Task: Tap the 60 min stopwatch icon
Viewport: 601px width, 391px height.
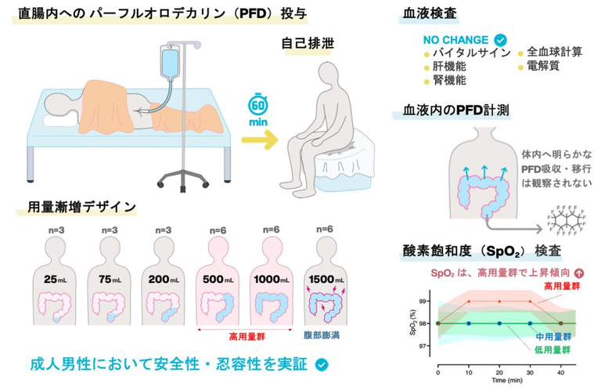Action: point(258,104)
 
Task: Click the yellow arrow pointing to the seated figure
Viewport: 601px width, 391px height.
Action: point(261,139)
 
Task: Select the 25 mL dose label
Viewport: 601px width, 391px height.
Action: point(56,279)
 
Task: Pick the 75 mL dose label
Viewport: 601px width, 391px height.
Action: point(110,279)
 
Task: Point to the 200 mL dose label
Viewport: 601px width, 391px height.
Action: point(164,279)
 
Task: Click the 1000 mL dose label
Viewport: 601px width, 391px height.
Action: point(272,279)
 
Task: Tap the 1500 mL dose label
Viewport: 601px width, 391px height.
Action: point(326,279)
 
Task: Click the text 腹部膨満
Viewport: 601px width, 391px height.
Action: point(322,335)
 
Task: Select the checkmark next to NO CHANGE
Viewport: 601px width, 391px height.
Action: point(500,40)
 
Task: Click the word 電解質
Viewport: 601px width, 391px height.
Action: point(543,66)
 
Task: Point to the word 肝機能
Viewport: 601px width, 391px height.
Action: point(449,67)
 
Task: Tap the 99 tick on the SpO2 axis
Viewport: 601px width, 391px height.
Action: point(424,301)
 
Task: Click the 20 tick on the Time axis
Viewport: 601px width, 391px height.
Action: point(499,372)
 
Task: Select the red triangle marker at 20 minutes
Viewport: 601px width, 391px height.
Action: point(499,301)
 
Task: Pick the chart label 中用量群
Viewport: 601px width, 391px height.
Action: point(553,337)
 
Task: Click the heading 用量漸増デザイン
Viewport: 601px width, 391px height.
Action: point(82,207)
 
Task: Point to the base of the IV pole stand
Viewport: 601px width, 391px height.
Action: point(183,180)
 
